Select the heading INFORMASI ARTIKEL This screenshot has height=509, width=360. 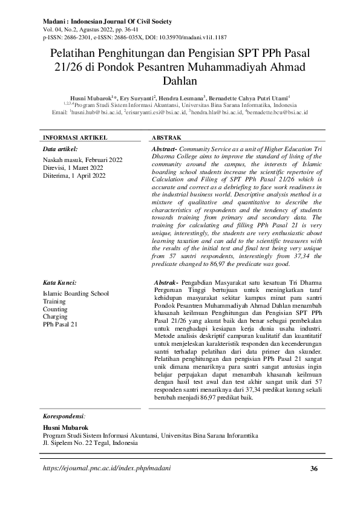tap(70, 138)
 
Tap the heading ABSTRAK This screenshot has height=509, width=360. tap(166, 138)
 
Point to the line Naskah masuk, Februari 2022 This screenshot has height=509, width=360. tap(83, 160)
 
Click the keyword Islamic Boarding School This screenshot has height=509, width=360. tap(76, 293)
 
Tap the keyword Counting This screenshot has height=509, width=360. tap(55, 309)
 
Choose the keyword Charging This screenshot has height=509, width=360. tap(56, 316)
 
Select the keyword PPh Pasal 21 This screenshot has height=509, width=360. tap(61, 324)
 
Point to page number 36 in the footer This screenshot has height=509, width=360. tap(313, 468)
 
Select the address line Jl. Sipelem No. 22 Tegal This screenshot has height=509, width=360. tap(90, 442)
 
